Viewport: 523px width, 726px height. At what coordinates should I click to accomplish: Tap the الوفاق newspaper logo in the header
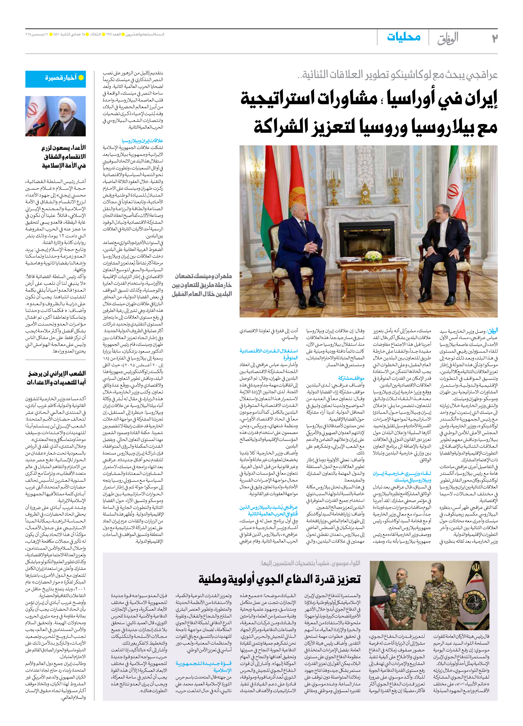coord(448,38)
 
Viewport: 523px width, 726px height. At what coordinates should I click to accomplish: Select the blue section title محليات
coord(404,37)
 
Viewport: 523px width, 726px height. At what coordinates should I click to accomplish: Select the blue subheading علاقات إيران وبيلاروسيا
coord(142,141)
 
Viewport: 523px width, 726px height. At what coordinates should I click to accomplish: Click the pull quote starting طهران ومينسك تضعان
coord(202,285)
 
